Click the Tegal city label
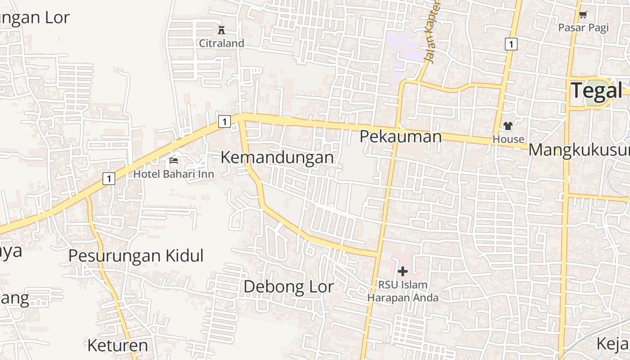597,90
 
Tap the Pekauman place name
400,136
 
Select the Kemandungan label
277,157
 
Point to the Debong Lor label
288,287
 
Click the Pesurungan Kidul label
136,256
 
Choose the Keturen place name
117,346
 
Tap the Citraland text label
222,43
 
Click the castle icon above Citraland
221,30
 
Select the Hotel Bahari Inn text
174,174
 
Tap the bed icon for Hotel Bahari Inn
174,161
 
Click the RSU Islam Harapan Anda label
403,291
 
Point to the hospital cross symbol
403,271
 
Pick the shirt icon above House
508,126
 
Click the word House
508,139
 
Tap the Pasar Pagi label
583,27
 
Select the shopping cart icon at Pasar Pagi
583,14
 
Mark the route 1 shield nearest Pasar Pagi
511,44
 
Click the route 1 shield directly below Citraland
224,121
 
